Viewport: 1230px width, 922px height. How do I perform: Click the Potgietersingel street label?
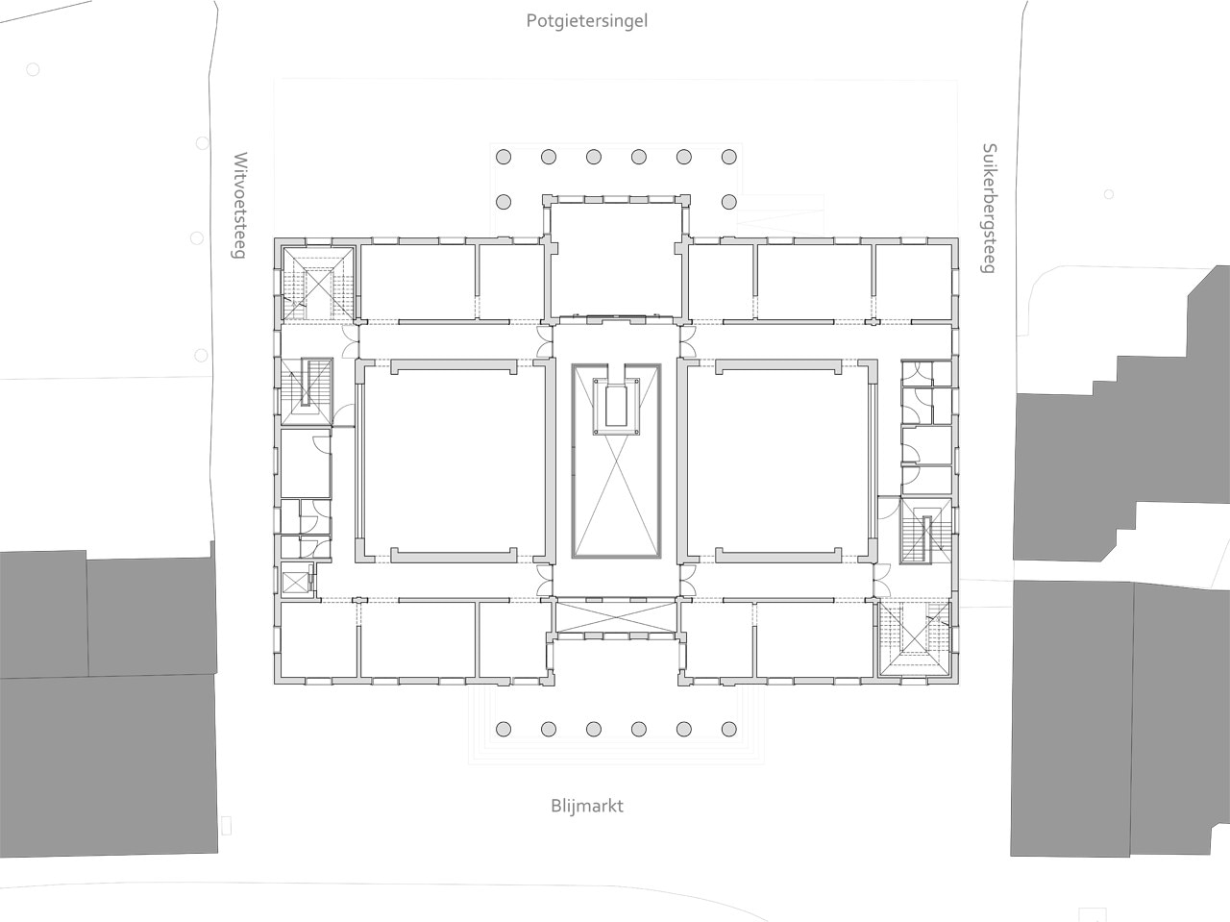tap(587, 22)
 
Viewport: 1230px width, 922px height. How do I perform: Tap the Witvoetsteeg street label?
tap(240, 205)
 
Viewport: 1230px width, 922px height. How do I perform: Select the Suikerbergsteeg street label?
tap(990, 209)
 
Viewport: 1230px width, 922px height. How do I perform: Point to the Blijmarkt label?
tap(587, 807)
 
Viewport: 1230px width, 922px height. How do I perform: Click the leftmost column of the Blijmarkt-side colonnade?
tap(504, 729)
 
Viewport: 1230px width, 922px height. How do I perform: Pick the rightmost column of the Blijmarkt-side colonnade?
tap(729, 729)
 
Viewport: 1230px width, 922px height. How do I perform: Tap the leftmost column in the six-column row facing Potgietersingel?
tap(504, 157)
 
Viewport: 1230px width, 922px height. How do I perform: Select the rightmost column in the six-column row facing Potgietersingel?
tap(729, 157)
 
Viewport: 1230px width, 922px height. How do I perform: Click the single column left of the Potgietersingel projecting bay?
tap(504, 202)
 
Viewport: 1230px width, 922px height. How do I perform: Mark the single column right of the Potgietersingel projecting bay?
tap(729, 202)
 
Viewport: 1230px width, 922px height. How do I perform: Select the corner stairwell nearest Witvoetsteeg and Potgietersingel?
tap(318, 285)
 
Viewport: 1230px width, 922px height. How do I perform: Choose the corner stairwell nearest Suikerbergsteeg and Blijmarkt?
tap(915, 638)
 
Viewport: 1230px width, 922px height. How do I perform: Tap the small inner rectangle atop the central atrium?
tap(616, 405)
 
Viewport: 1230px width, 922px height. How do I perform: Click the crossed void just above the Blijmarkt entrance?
tap(616, 618)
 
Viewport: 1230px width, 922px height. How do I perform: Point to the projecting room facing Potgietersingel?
tap(616, 261)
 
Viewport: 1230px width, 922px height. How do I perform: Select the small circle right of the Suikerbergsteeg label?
tap(1108, 194)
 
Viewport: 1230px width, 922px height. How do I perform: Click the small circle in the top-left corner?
tap(33, 69)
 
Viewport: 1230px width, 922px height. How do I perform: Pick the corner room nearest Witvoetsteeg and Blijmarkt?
tap(319, 639)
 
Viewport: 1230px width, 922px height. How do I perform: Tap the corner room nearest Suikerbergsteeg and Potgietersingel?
tap(914, 283)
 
